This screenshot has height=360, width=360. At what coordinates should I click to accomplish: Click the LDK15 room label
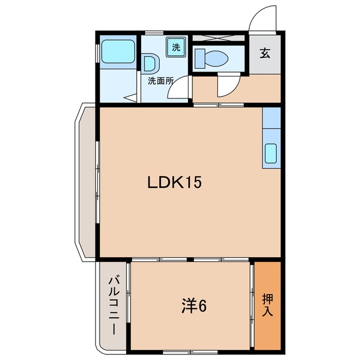coord(174,182)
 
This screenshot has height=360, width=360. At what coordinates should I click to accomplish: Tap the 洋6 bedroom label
coord(194,306)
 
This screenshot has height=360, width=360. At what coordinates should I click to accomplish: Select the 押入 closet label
coord(268,305)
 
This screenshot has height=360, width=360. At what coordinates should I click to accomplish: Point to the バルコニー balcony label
coord(114,306)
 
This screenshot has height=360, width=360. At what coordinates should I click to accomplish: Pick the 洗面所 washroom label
coord(160,80)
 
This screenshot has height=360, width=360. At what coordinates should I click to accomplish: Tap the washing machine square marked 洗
coord(176,47)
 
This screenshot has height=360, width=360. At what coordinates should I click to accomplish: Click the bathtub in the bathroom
coord(118,51)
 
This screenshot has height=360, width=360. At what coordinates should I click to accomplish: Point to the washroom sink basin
coord(151,64)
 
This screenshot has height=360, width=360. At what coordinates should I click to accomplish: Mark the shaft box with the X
coord(218,38)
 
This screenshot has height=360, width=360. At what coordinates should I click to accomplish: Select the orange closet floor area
coord(268,306)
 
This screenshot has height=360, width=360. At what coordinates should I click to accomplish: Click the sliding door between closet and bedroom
coord(252,306)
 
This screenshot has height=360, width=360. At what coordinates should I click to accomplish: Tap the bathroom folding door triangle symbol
coord(130,98)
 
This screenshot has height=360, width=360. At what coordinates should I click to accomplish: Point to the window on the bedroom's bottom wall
coord(190,352)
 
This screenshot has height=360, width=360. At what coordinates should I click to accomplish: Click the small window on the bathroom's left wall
coord(97,53)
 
